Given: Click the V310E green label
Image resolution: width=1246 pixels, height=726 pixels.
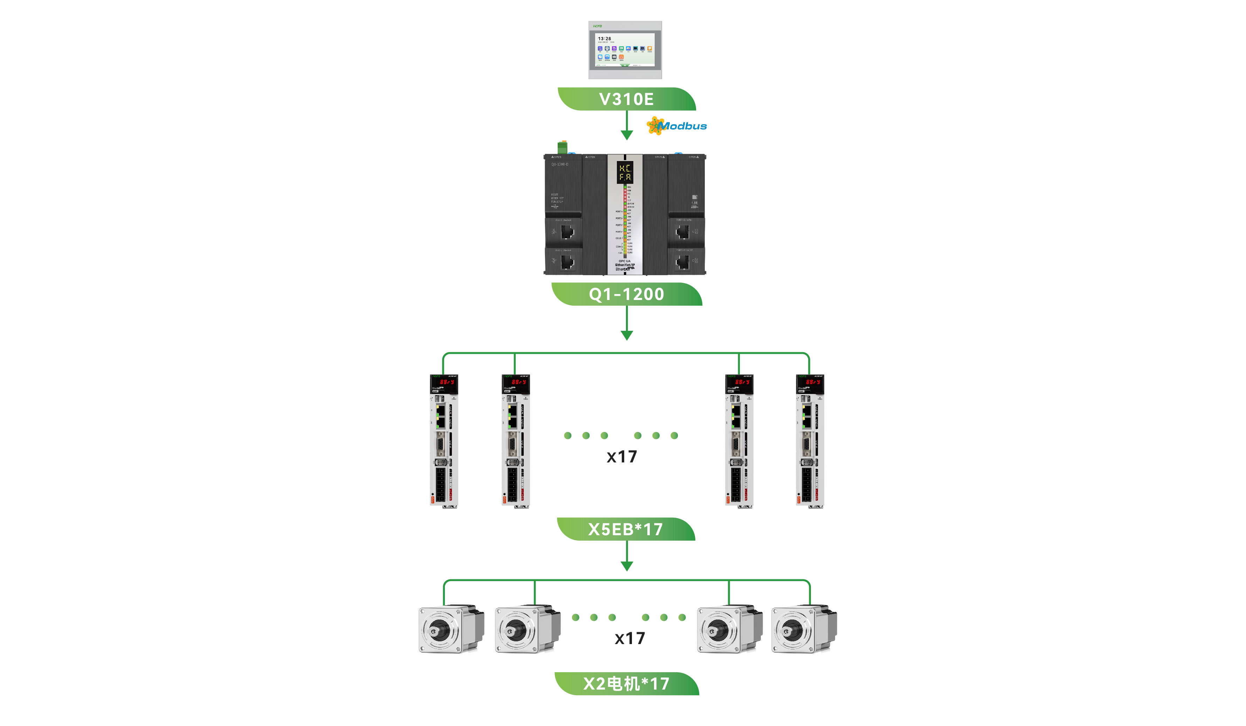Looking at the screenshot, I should [x=626, y=99].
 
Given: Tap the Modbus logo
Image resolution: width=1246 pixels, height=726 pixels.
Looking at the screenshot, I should [x=677, y=126].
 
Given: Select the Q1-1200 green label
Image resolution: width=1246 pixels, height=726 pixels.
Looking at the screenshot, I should [x=626, y=294].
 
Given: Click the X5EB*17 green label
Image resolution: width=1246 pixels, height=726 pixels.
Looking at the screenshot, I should [x=626, y=529].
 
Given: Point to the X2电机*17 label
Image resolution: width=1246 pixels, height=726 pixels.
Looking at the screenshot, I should [x=626, y=684].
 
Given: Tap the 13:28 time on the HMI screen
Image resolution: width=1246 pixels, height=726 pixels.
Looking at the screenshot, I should [x=604, y=39].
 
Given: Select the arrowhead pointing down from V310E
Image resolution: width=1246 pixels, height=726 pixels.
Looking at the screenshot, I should [x=626, y=135].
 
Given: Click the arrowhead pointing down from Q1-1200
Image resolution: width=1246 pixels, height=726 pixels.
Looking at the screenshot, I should [x=626, y=336].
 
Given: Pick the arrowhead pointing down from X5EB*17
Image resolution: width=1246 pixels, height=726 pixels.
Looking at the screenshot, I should [x=626, y=566].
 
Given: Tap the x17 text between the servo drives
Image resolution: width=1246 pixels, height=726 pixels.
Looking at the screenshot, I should [x=621, y=457].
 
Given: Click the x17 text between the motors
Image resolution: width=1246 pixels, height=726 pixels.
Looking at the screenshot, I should [x=629, y=638].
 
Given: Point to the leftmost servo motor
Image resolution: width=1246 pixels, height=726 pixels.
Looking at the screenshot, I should [x=450, y=629].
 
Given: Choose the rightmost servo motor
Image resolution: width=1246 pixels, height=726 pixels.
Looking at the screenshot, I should [x=804, y=629].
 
